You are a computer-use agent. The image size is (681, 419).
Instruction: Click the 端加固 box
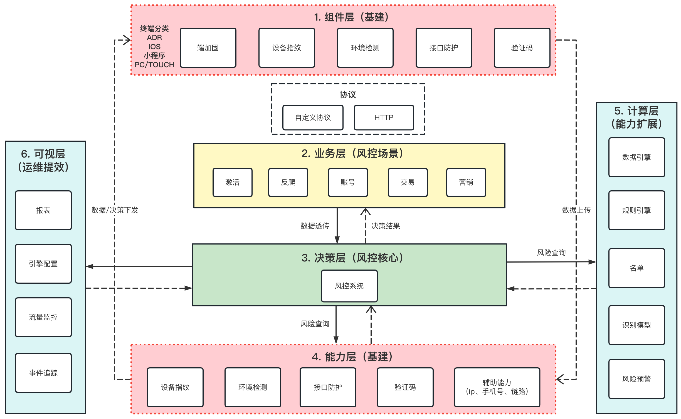208,48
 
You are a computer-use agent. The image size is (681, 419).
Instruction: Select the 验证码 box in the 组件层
522,48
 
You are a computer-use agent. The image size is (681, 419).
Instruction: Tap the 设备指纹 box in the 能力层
175,387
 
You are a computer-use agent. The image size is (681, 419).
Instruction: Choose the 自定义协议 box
313,118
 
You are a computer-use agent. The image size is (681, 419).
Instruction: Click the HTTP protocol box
384,118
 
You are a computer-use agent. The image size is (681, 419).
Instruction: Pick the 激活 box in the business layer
232,182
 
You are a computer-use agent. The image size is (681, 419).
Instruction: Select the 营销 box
466,182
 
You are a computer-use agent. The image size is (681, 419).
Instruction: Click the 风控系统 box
349,286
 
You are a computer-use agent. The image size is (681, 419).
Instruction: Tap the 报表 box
43,210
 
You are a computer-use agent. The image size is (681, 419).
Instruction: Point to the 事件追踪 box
43,373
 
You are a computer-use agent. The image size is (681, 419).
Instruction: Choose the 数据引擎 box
636,157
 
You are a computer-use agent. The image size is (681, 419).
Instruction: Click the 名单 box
636,268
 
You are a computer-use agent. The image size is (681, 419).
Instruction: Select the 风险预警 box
636,379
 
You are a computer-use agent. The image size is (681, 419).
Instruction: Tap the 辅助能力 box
497,387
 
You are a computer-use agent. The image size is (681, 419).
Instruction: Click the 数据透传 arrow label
315,226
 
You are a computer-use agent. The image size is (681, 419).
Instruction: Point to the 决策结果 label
386,226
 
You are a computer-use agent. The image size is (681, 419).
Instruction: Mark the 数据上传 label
576,210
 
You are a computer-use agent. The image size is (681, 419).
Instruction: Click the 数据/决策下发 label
115,210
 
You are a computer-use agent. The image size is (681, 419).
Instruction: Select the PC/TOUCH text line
154,65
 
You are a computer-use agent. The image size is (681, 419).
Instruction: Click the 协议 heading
348,95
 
